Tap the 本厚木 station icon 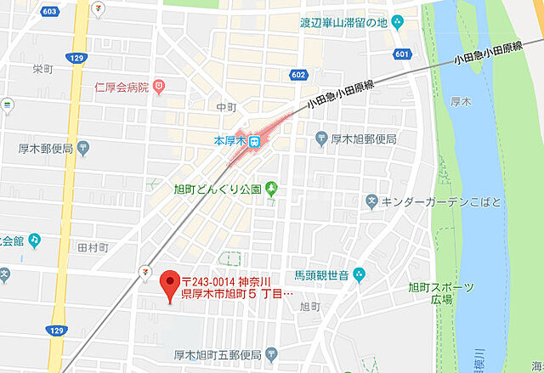(x=252, y=142)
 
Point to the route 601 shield (x=402, y=54)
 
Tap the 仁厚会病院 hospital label (x=122, y=87)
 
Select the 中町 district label (x=225, y=108)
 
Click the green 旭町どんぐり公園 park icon (x=271, y=188)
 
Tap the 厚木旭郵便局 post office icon (x=320, y=138)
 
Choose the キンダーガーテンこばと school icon (x=371, y=201)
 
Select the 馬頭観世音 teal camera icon (x=359, y=274)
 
